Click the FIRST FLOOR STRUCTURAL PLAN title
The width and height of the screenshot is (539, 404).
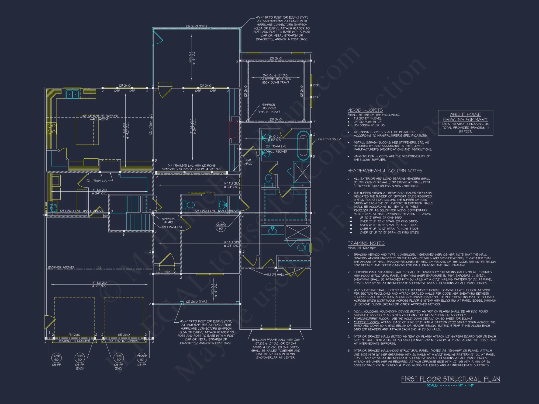pos(450,379)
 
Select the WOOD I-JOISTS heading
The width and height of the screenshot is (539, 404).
pos(365,110)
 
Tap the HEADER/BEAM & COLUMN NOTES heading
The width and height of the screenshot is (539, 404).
pos(385,171)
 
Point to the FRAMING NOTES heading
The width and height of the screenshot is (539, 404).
pos(366,243)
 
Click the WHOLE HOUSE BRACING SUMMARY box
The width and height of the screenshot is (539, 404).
pos(465,123)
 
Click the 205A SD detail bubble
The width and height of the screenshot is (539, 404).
pos(221,227)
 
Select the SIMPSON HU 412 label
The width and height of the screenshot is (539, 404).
pos(168,221)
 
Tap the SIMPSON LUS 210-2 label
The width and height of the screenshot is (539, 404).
pos(268,108)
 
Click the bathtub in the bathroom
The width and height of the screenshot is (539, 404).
pos(304,145)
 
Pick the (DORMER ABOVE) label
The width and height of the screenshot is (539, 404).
pos(61,267)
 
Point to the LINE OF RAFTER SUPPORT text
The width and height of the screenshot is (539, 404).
pos(99,116)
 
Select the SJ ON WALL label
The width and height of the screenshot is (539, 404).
pos(275,274)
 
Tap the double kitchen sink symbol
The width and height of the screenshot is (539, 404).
pos(72,94)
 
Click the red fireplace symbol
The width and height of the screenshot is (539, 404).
pos(233,130)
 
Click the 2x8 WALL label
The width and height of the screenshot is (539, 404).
pos(248,162)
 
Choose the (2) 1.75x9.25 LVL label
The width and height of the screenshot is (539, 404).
pos(330,139)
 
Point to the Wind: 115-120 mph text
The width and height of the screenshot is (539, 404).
pos(362,248)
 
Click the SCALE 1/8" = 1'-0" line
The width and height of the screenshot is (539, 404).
pos(450,385)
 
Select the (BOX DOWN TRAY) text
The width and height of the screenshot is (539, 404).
pos(275,82)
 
